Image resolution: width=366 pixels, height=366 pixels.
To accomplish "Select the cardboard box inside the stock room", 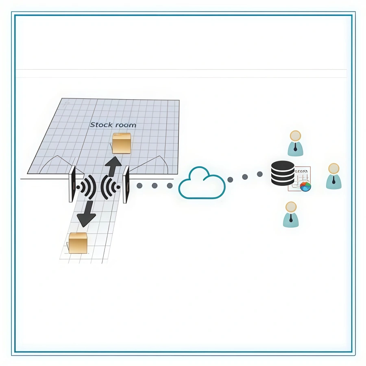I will tap(122, 143).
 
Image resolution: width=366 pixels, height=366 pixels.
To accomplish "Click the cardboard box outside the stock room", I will tap(78, 243).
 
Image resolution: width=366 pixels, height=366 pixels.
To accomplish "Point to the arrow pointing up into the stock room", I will tap(113, 165).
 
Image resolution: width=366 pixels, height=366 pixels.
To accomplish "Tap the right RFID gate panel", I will tap(126, 184).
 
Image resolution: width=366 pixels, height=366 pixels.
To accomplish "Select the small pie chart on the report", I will tap(305, 186).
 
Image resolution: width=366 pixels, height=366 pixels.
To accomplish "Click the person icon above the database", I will tap(295, 143).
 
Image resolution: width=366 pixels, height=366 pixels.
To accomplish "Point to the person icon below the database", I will tap(291, 214).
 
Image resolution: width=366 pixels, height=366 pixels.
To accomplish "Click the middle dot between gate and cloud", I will tap(155, 185).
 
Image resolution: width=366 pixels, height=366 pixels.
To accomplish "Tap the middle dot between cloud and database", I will tap(245, 177).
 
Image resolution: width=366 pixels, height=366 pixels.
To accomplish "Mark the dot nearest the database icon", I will tap(259, 174).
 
